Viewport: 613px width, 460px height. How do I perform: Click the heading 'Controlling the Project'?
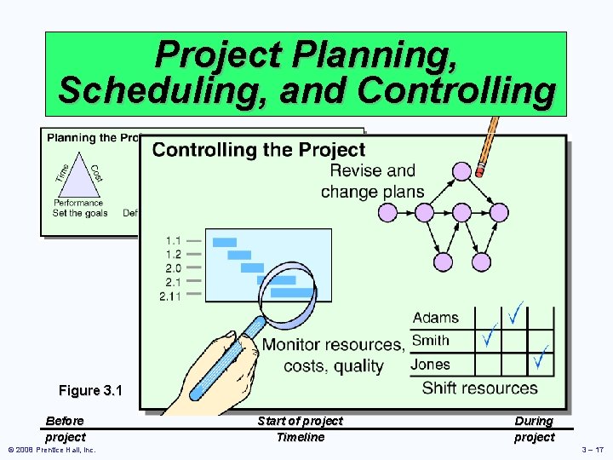point(258,150)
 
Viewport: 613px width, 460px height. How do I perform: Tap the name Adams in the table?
point(435,318)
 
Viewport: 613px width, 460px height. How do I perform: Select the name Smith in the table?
point(431,341)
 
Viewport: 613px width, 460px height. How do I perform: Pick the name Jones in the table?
point(431,365)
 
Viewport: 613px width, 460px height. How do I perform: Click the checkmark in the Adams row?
point(515,313)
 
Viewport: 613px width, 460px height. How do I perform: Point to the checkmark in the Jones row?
point(540,359)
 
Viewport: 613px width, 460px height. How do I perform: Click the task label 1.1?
point(173,241)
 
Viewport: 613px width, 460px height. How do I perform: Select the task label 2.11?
point(170,296)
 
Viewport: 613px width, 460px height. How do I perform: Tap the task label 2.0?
point(173,268)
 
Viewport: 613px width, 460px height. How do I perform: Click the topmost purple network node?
point(461,170)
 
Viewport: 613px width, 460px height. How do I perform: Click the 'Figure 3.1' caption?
point(90,391)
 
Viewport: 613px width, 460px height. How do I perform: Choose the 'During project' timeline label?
point(534,428)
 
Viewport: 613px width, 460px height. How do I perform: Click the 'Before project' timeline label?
point(65,428)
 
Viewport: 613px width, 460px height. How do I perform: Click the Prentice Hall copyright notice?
point(52,449)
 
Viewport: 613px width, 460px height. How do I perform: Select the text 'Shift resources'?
point(479,388)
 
